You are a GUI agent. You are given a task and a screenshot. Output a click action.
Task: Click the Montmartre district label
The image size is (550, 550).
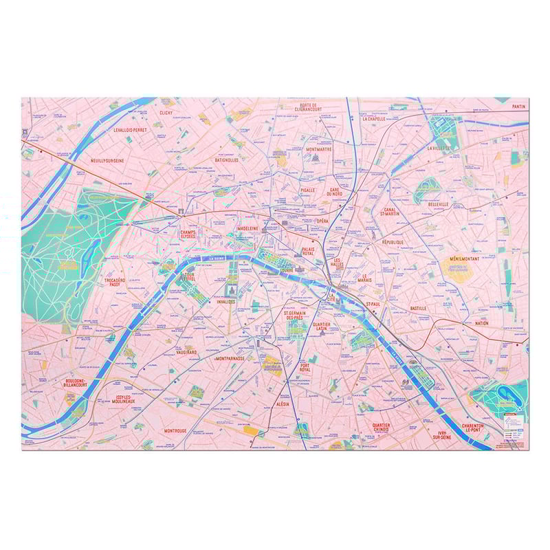319,148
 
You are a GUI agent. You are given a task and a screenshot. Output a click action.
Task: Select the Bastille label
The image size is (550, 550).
418,309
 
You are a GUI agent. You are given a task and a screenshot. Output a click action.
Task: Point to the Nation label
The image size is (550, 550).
481,323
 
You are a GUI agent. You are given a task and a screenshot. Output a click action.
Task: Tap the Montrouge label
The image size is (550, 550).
175,431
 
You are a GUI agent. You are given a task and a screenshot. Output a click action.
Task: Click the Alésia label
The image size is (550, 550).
283,406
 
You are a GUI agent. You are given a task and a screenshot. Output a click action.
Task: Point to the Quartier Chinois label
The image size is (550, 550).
381,428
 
